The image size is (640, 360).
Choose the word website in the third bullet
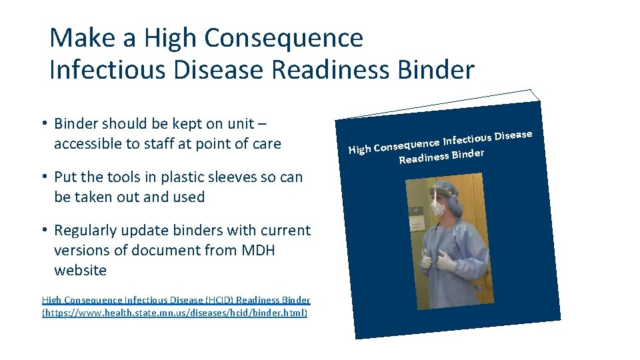point(80,270)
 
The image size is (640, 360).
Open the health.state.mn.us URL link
point(175,312)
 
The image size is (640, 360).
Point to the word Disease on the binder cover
point(513,135)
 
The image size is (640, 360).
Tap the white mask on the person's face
point(437,207)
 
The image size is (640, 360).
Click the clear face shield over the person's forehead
point(442,193)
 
